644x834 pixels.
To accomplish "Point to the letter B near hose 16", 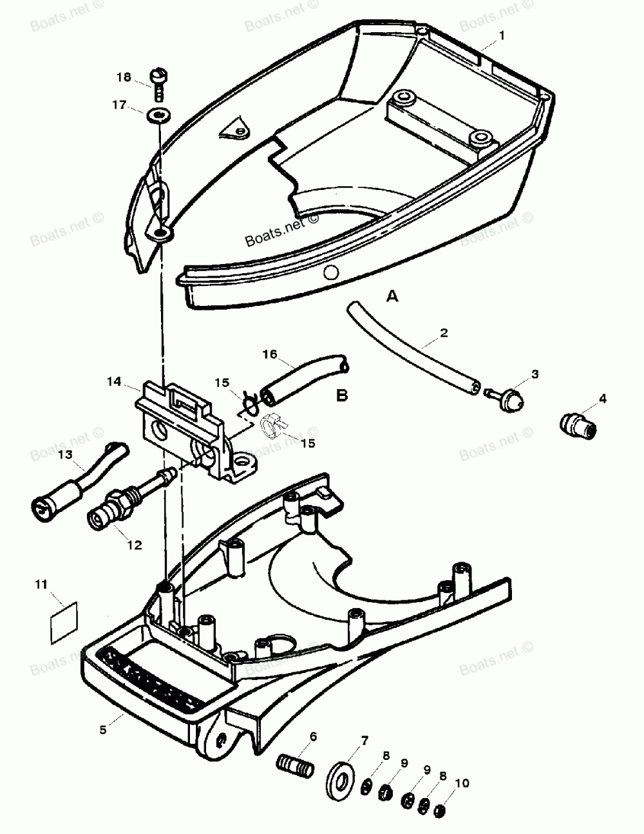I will [x=341, y=395].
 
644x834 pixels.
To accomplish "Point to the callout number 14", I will [x=114, y=381].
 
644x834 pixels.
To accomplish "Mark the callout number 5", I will [x=103, y=730].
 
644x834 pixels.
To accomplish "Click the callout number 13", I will [x=66, y=455].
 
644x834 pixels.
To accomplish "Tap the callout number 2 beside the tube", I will [x=444, y=333].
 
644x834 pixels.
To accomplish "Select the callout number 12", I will [x=135, y=545].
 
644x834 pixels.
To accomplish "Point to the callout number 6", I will [x=314, y=735].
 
